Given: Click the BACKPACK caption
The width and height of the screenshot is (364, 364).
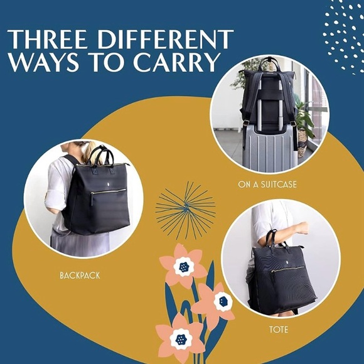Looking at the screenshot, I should [x=80, y=275].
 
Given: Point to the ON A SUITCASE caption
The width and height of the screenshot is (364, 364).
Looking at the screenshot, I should [x=267, y=185].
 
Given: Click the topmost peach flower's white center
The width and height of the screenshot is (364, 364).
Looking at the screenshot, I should [x=184, y=267].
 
